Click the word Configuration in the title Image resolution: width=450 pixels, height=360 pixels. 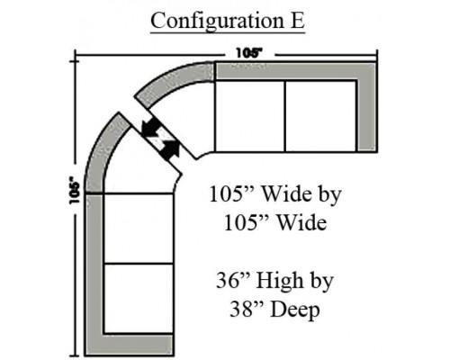pyautogui.click(x=217, y=21)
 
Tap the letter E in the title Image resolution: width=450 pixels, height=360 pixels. pyautogui.click(x=298, y=21)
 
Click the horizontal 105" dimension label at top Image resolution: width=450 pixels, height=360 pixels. pyautogui.click(x=249, y=53)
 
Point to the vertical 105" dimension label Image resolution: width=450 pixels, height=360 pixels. pyautogui.click(x=75, y=191)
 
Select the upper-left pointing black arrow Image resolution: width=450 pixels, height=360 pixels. pyautogui.click(x=151, y=128)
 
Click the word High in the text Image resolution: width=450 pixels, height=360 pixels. pyautogui.click(x=280, y=282)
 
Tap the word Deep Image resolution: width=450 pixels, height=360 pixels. pyautogui.click(x=295, y=310)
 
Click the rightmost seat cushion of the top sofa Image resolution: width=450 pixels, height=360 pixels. pyautogui.click(x=320, y=116)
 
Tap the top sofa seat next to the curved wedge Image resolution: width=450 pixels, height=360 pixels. pyautogui.click(x=250, y=116)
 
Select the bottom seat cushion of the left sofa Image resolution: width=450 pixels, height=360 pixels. pyautogui.click(x=139, y=298)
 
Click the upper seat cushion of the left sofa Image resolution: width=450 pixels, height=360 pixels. pyautogui.click(x=139, y=229)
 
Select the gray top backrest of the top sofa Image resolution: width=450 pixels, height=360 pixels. pyautogui.click(x=295, y=71)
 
